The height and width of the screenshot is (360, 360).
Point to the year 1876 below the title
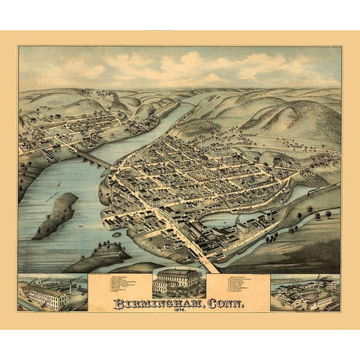[179, 314]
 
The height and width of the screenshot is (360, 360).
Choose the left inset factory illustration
[51, 293]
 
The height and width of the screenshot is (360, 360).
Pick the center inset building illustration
[177, 282]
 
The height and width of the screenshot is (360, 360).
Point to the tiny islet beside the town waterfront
[117, 235]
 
